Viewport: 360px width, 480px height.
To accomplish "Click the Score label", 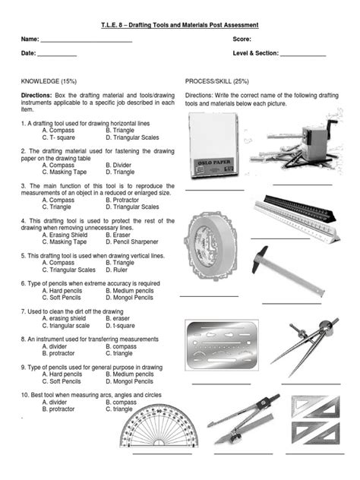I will [243, 38].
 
